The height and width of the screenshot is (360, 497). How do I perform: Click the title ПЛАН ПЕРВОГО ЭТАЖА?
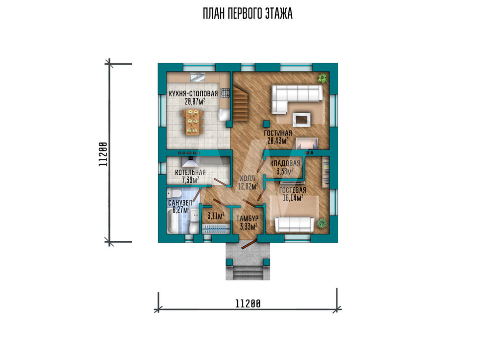point(248,14)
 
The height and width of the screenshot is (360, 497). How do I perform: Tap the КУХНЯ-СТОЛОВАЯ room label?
point(193,94)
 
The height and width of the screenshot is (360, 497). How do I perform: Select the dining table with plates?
point(193,122)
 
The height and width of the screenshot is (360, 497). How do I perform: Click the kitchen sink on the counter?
point(197,77)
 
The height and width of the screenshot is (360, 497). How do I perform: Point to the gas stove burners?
point(225,93)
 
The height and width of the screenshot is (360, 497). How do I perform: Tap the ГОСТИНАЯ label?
point(278,133)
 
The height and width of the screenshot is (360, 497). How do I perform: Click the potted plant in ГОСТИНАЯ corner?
point(323,78)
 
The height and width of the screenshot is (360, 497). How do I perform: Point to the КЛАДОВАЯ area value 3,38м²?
point(285,171)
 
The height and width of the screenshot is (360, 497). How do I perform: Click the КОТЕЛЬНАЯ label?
point(190,173)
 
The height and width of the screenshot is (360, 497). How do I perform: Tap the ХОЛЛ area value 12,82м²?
point(248,186)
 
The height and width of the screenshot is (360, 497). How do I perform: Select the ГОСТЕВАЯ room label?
point(293,190)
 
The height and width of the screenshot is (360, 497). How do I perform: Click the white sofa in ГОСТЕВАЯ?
point(294,224)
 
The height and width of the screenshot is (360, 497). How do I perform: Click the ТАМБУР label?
point(248,219)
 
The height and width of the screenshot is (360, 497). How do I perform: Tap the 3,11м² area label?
point(216,216)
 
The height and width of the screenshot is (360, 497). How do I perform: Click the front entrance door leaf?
point(249,244)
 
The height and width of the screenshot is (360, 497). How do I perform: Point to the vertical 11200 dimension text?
point(103,154)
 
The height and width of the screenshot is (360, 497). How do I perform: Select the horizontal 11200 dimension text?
point(248,304)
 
